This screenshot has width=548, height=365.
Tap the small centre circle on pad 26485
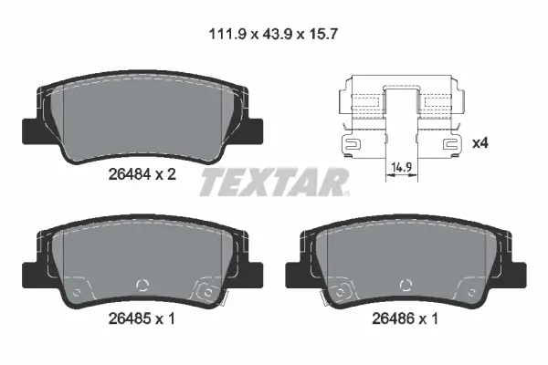coord(141,285)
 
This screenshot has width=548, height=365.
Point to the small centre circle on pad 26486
coord(406,285)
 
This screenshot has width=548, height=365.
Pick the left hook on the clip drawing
coord(352,143)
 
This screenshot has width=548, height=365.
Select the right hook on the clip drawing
coord(450,143)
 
